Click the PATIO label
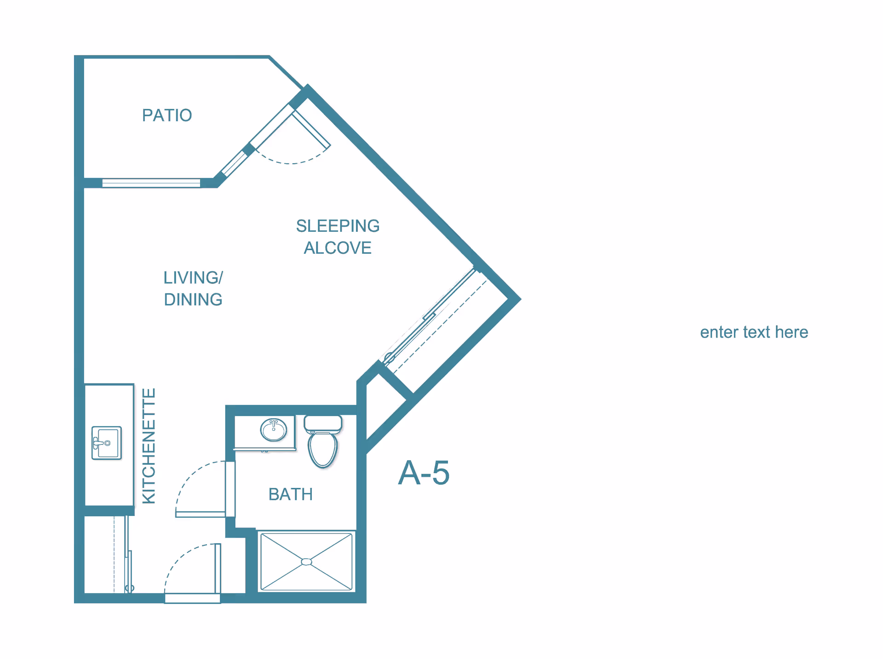[167, 115]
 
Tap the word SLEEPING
[338, 226]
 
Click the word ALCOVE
[338, 248]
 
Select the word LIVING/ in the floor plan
[193, 277]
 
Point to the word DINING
[193, 299]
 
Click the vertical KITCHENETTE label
[149, 446]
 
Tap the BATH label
[291, 494]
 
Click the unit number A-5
[424, 473]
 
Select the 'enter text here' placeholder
[754, 332]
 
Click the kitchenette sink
[107, 443]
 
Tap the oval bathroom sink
[274, 430]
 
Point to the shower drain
[306, 562]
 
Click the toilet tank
[323, 423]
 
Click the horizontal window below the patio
[151, 183]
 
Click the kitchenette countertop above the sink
[109, 405]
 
